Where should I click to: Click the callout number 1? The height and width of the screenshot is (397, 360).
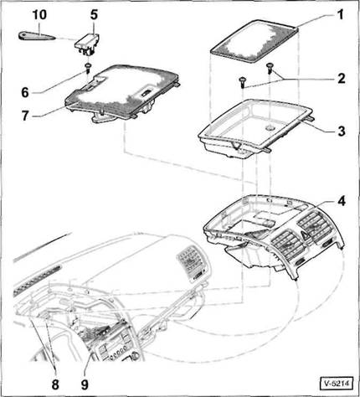341,14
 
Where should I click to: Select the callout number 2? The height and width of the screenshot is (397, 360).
341,79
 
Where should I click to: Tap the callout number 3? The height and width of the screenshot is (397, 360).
342,131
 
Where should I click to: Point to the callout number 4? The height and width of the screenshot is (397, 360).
341,201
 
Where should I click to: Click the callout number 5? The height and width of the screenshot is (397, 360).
94,14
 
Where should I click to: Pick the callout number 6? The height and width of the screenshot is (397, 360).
25,92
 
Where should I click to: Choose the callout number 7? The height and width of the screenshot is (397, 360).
25,116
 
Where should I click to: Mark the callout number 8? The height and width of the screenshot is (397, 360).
55,384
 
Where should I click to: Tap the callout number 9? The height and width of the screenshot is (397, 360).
85,384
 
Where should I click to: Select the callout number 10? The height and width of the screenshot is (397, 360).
39,14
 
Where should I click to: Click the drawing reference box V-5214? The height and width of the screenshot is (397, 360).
337,384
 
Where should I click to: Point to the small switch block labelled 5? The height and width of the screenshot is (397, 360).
87,44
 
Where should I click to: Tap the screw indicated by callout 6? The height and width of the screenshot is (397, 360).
88,68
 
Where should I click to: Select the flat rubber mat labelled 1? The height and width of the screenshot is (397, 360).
254,41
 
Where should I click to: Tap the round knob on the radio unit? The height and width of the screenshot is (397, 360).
136,355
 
